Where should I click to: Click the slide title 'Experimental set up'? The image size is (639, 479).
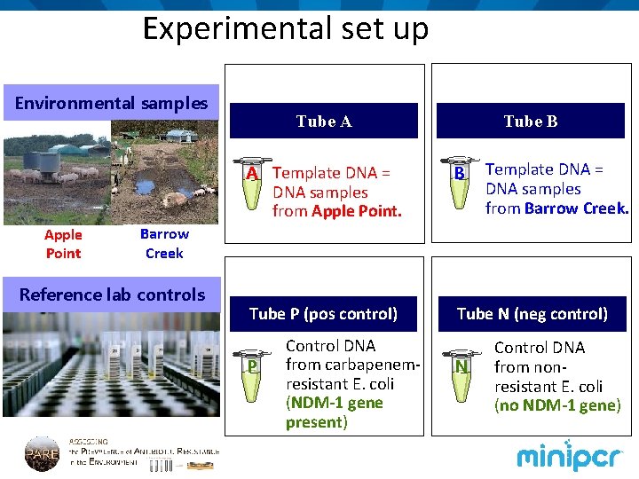286,28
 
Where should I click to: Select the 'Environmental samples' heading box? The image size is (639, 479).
111,103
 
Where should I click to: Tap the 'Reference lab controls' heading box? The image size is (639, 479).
111,294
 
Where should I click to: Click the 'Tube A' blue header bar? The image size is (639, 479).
323,121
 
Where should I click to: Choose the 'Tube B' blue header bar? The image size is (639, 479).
530,121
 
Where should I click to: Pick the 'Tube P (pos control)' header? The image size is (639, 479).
323,313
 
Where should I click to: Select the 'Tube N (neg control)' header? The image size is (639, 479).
532,313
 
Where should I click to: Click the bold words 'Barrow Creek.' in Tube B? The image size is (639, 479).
576,208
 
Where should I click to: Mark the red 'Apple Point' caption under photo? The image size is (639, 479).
63,244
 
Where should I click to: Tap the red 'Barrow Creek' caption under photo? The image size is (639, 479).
164,244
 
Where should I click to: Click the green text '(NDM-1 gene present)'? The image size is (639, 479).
334,412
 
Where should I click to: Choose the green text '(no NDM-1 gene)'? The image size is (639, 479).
557,405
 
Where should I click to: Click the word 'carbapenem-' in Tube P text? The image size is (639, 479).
353,365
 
